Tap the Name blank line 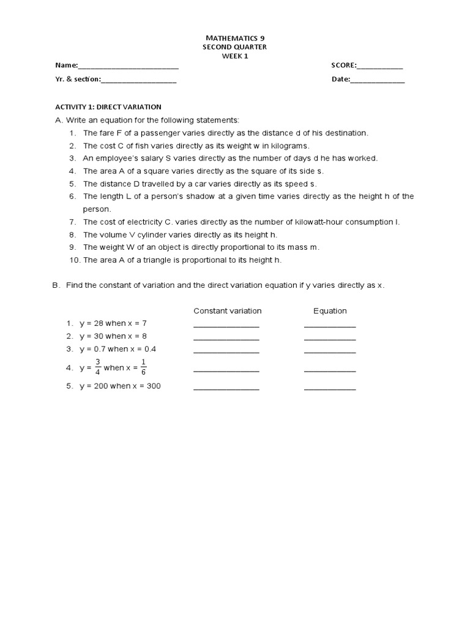pyautogui.click(x=129, y=66)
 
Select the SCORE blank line pyautogui.click(x=380, y=66)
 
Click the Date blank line pyautogui.click(x=378, y=80)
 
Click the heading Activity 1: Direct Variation pyautogui.click(x=108, y=107)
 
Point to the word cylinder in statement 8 pyautogui.click(x=151, y=235)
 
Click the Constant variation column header pyautogui.click(x=227, y=311)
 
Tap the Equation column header pyautogui.click(x=330, y=311)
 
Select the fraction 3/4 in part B pyautogui.click(x=97, y=367)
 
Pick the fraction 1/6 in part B pyautogui.click(x=143, y=367)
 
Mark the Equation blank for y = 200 pyautogui.click(x=330, y=388)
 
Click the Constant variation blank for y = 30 pyautogui.click(x=226, y=337)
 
